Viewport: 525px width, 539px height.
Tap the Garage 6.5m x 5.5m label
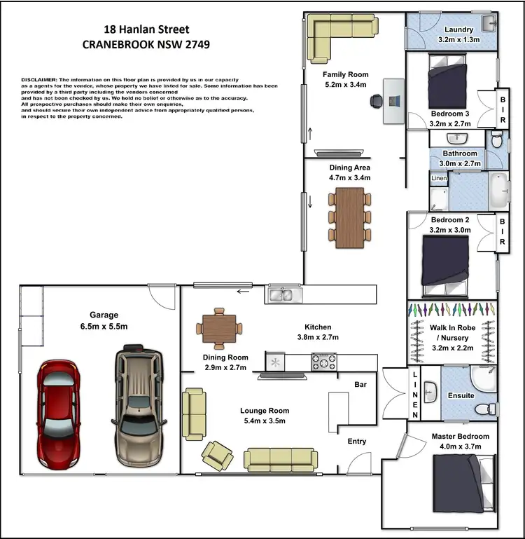pos(104,321)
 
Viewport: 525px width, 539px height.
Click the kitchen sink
pos(283,294)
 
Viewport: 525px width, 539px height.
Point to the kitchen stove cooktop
pos(323,362)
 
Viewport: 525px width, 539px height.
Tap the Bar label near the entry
pos(362,385)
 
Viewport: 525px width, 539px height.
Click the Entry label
pos(357,441)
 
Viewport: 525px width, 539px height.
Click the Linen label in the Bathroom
pos(439,178)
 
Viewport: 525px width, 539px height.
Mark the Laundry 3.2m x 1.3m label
pos(458,34)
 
